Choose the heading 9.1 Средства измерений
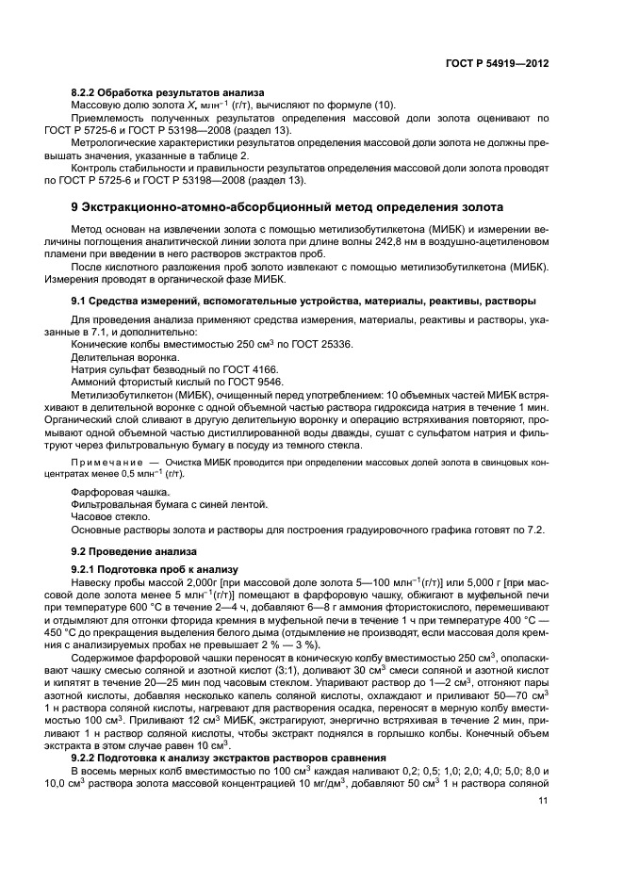[x=303, y=301]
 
